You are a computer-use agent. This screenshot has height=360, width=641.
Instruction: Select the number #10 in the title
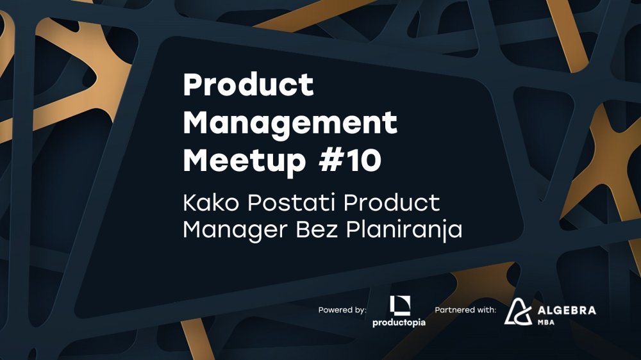pos(350,160)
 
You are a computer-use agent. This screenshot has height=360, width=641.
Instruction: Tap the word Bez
pos(317,229)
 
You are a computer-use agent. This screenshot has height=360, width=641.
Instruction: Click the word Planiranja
pos(404,230)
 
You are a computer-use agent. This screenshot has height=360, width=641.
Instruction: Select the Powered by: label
pos(342,310)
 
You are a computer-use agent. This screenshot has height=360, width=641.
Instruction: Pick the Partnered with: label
pos(465,310)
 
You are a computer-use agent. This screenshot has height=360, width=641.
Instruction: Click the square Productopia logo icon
pos(400,306)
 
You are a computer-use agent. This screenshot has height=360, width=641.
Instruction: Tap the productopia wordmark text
pos(399,323)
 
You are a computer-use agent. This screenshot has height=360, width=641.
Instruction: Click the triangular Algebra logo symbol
pos(518,312)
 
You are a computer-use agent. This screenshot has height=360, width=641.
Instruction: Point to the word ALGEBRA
pos(567,311)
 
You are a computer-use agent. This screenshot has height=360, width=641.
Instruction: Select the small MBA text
pos(545,322)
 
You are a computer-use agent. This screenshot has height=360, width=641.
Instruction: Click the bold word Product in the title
pos(249,85)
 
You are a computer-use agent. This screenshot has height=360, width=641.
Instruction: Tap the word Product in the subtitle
pos(392,202)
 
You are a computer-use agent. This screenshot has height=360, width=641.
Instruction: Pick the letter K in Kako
pos(190,202)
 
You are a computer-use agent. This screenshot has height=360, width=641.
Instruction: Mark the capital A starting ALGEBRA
pos(542,311)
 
